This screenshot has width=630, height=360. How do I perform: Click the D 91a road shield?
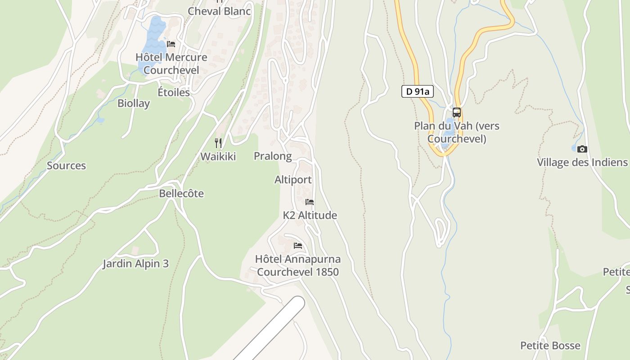click(417, 91)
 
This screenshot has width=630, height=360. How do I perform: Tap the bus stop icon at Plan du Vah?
click(457, 112)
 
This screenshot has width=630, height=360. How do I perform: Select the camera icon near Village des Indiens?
click(582, 149)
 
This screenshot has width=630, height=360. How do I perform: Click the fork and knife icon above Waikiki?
click(218, 143)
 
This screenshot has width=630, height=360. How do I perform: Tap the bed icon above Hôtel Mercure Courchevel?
click(171, 44)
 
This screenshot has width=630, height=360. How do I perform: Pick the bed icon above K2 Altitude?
click(310, 202)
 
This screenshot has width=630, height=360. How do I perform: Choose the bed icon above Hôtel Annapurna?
click(297, 246)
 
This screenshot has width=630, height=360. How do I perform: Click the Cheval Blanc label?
click(219, 11)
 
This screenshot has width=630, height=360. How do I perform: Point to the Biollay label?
click(134, 103)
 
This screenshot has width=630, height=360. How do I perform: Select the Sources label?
click(66, 166)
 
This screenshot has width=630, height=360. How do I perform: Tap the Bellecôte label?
click(181, 193)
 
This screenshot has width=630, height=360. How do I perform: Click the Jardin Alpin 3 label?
click(135, 263)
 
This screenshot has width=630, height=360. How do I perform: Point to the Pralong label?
click(273, 156)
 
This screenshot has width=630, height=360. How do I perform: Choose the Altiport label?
click(293, 180)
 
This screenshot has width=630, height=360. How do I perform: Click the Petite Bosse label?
click(550, 346)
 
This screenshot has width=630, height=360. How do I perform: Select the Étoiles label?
click(174, 92)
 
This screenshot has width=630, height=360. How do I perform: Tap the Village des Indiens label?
click(582, 162)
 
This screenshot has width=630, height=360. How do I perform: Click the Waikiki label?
click(218, 156)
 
